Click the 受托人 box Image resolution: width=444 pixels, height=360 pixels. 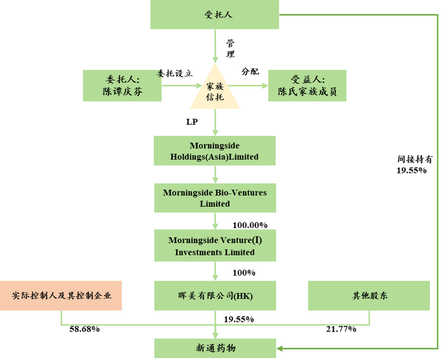[x=214, y=15]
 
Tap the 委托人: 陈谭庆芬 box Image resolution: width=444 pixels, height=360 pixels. [x=122, y=85]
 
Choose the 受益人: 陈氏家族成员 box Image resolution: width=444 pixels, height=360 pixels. [x=307, y=85]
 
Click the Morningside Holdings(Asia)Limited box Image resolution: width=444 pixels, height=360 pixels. [x=214, y=150]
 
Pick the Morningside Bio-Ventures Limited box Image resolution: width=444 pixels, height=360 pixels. [x=214, y=197]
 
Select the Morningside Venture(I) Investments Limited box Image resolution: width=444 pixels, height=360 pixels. [x=214, y=246]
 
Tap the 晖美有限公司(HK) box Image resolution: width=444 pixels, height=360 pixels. [x=214, y=295]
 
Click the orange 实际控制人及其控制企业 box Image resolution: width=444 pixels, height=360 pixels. [x=60, y=295]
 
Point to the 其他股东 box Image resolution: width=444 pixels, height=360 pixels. [x=369, y=295]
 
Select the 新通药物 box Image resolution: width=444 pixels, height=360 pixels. [x=214, y=348]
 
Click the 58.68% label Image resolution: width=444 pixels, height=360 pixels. [x=84, y=329]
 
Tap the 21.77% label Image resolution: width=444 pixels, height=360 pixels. [x=340, y=329]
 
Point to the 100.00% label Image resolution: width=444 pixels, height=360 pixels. [x=250, y=225]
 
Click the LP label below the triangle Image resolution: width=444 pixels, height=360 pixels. [x=191, y=121]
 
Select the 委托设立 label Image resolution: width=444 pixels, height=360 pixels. [x=174, y=73]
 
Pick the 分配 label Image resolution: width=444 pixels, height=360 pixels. [x=250, y=72]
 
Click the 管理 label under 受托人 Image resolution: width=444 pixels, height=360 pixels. [x=231, y=48]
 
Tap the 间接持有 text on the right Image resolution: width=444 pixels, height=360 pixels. [x=411, y=159]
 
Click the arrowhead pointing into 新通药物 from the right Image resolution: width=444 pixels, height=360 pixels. [x=280, y=348]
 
